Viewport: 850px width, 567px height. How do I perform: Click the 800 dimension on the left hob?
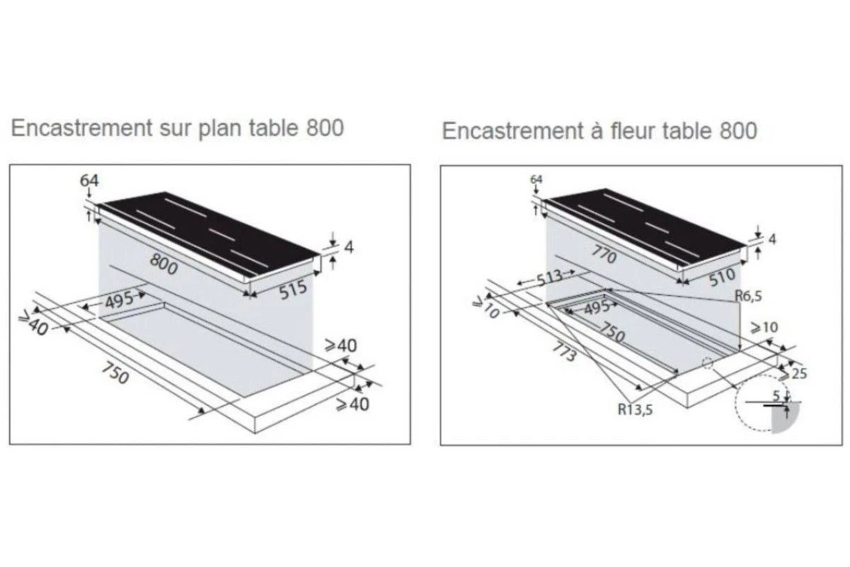[164, 264]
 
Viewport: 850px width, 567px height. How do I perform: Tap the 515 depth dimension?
[293, 289]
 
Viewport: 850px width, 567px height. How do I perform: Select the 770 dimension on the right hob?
[603, 254]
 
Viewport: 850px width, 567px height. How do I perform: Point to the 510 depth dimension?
[722, 277]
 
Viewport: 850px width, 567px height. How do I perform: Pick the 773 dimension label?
[565, 352]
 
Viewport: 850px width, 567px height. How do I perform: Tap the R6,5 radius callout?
[748, 296]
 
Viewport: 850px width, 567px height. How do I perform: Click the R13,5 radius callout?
[635, 410]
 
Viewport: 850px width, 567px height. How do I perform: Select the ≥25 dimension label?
[793, 374]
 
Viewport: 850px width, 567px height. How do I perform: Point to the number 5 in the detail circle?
[776, 396]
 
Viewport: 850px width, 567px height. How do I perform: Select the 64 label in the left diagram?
[89, 181]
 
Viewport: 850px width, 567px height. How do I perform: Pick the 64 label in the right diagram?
[536, 179]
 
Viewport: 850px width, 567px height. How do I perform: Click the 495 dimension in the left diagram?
[119, 300]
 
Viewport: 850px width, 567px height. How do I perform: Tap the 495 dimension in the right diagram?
[597, 307]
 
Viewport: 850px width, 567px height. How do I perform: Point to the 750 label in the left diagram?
[115, 373]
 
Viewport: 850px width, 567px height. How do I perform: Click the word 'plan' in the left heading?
[220, 128]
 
